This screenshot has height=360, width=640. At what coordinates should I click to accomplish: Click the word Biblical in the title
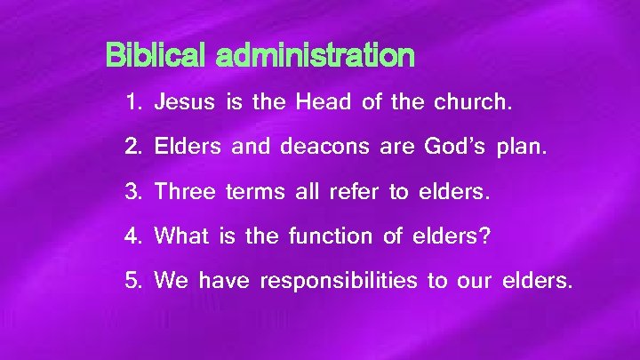pyautogui.click(x=157, y=57)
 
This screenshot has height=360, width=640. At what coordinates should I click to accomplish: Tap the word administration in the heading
pyautogui.click(x=315, y=57)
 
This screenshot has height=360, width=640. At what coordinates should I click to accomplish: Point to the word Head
pyautogui.click(x=324, y=102)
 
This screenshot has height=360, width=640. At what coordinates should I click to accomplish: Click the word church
pyautogui.click(x=473, y=102)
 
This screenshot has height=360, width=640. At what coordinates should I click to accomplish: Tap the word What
pyautogui.click(x=180, y=236)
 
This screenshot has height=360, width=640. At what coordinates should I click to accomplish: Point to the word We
pyautogui.click(x=171, y=282)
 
